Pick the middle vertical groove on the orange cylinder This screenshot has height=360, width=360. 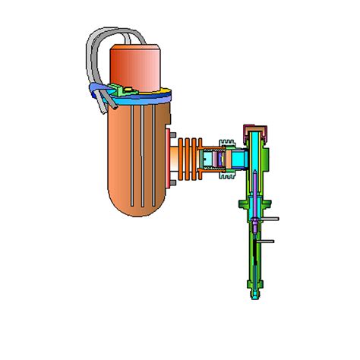click(x=137, y=159)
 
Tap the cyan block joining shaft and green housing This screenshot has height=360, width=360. click(x=238, y=158)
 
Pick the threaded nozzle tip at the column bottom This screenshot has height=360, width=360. click(x=253, y=293)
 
